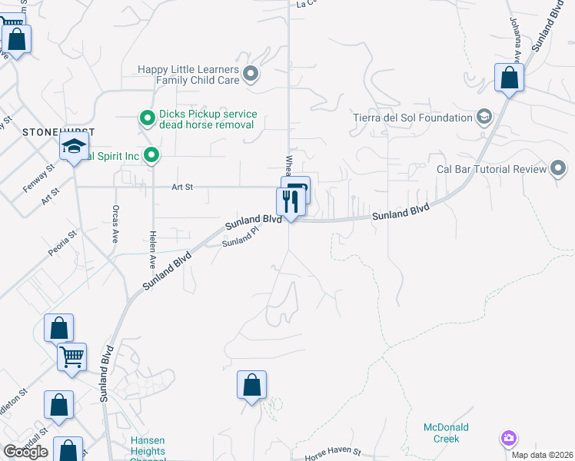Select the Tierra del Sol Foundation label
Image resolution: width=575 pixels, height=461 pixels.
(412, 118)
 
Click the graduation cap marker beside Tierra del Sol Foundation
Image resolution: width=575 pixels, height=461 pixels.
(484, 118)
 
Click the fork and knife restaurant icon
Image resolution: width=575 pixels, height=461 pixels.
(290, 202)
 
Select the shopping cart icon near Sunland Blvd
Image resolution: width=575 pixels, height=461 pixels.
(71, 356)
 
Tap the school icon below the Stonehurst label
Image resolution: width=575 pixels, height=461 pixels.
(75, 148)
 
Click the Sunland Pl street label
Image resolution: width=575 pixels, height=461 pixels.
(238, 240)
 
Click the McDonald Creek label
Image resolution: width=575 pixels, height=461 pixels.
(446, 433)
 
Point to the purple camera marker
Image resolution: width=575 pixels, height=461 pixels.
(508, 439)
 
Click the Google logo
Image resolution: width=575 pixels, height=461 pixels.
(25, 452)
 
